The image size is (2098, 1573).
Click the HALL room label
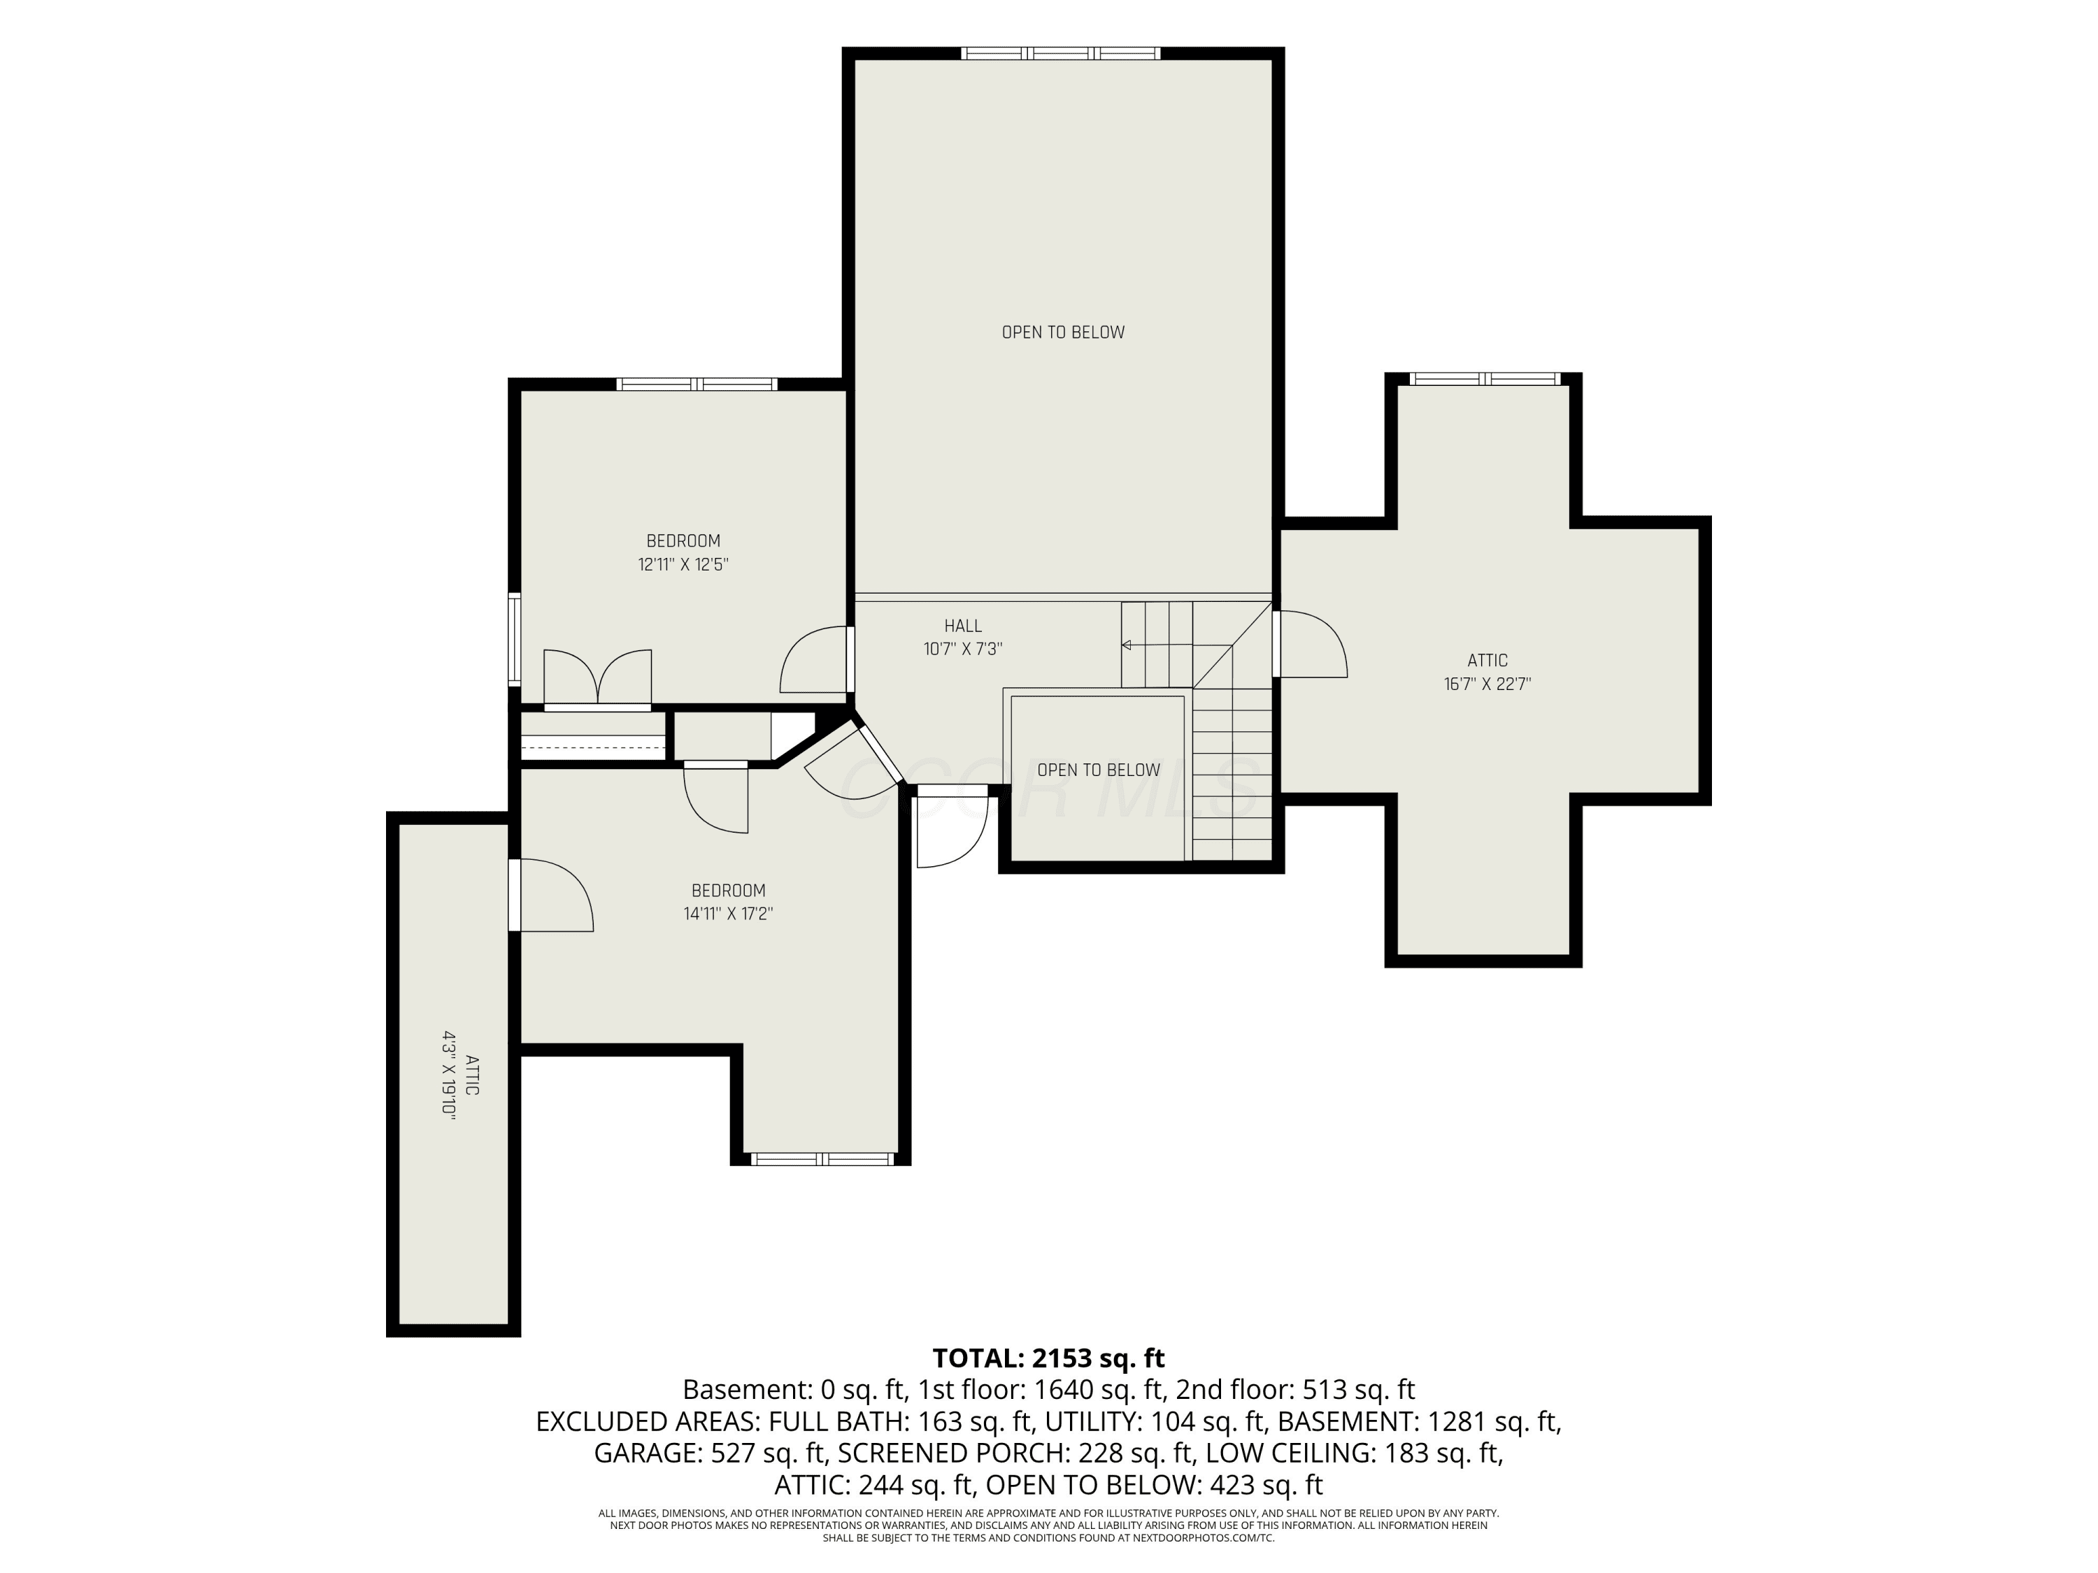[x=963, y=626]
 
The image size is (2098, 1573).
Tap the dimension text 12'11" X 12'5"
[x=683, y=564]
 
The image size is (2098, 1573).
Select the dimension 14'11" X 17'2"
[x=729, y=914]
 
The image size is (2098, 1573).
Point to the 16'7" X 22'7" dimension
[x=1487, y=684]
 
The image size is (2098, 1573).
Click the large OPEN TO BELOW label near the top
[x=1063, y=332]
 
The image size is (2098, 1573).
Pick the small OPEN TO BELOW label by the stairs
[x=1099, y=770]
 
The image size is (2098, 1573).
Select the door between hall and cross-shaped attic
[x=1310, y=644]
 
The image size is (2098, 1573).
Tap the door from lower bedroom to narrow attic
[x=551, y=895]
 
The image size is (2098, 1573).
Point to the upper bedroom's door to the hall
[x=815, y=660]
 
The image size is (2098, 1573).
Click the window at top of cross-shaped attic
[x=1485, y=378]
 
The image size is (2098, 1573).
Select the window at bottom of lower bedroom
[x=822, y=1158]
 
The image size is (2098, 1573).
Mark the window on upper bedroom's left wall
[x=514, y=639]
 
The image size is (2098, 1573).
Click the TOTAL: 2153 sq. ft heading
[x=1049, y=1358]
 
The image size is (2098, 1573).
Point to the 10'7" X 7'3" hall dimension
[x=963, y=649]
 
